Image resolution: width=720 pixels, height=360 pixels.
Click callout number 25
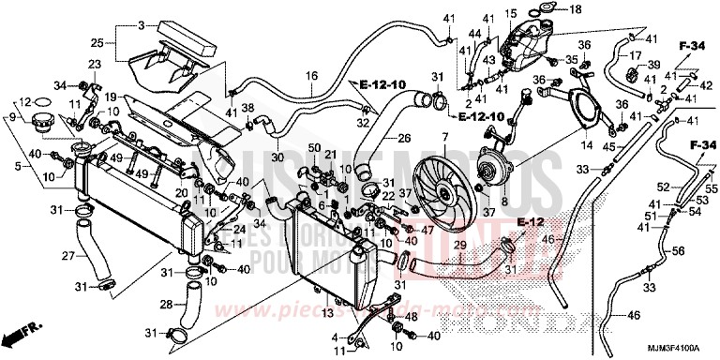(97, 43)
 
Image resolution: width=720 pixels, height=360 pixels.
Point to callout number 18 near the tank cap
(575, 9)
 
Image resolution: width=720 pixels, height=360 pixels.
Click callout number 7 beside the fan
(435, 137)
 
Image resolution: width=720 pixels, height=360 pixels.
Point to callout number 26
(403, 138)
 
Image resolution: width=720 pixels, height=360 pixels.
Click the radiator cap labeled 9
(40, 123)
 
